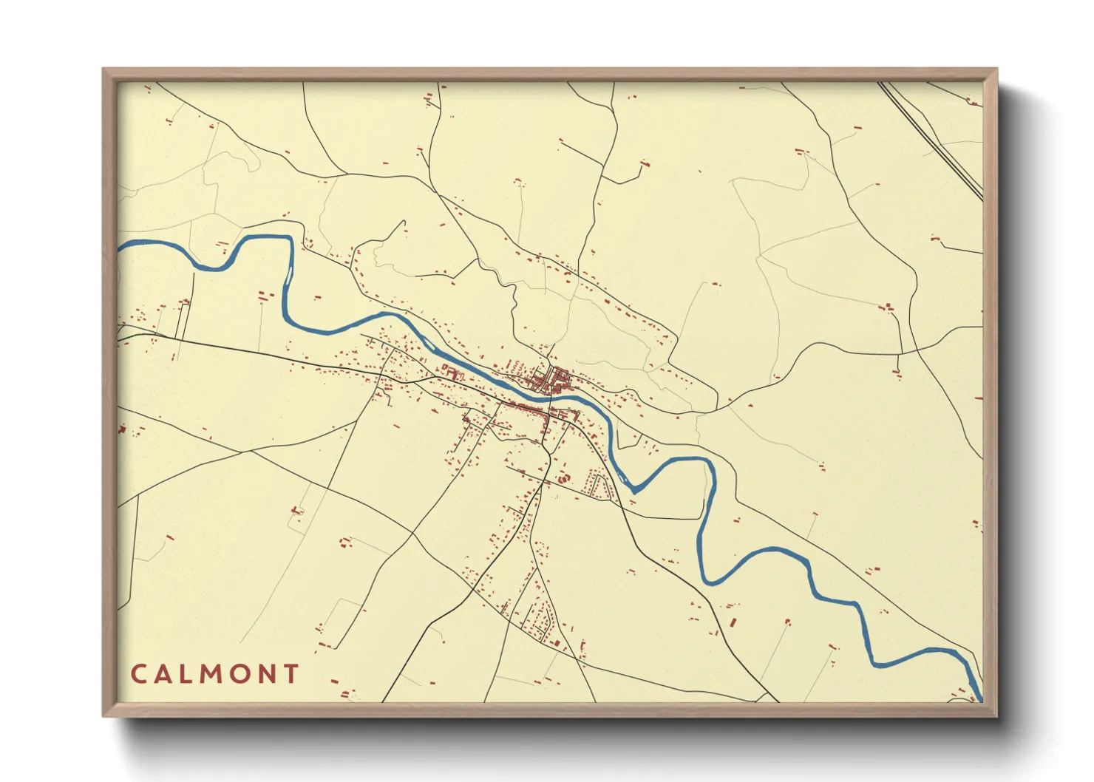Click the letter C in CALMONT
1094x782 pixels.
(138, 674)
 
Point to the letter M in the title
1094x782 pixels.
(217, 674)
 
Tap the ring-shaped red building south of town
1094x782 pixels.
(563, 478)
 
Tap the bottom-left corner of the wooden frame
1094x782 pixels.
(104, 715)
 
